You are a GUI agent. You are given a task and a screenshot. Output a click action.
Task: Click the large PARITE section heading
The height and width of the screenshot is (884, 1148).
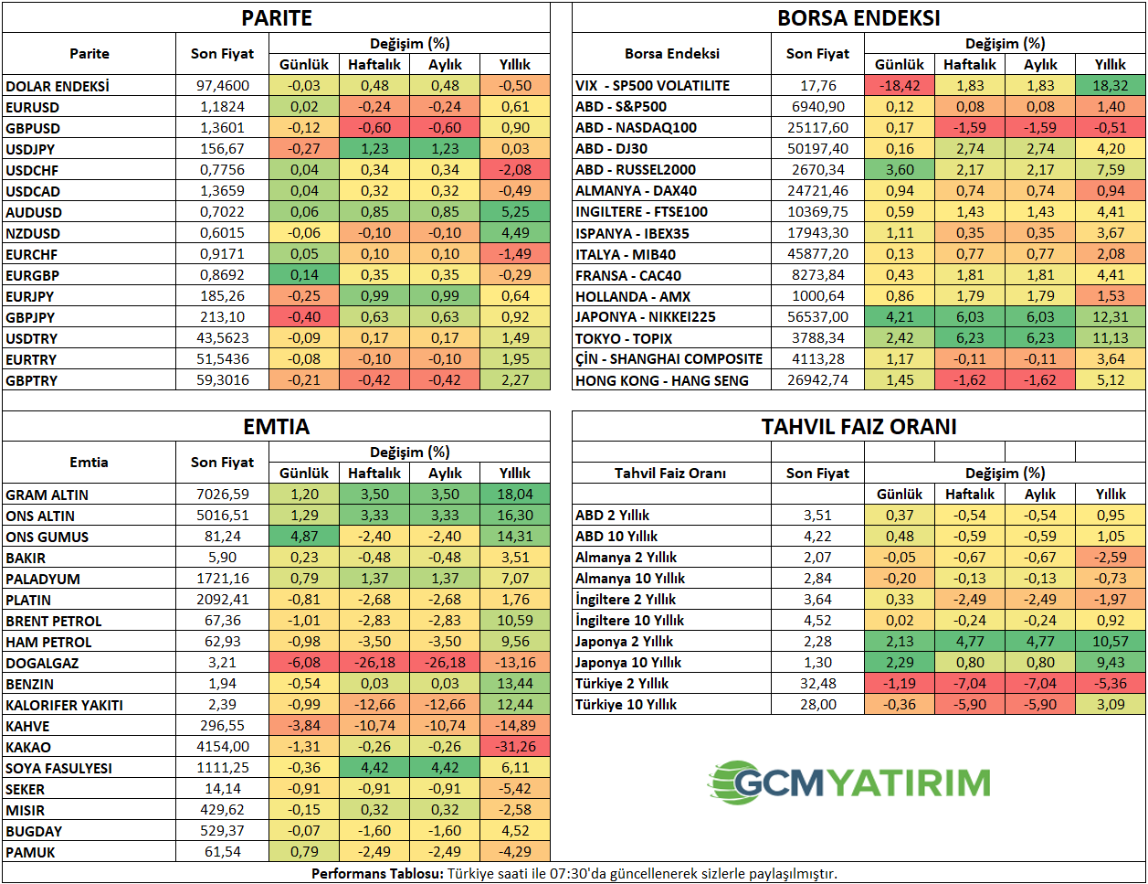point(277,18)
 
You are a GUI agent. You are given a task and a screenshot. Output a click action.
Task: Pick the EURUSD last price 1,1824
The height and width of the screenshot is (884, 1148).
point(222,107)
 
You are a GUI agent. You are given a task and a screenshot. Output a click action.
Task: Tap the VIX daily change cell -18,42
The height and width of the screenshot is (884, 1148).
point(900,85)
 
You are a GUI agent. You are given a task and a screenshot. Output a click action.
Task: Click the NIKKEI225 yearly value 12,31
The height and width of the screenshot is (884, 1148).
point(1111,317)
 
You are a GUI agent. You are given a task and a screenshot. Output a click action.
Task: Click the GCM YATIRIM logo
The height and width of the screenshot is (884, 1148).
point(849,783)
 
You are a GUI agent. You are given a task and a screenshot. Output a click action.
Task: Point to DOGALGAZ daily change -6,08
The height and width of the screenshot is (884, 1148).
point(304,663)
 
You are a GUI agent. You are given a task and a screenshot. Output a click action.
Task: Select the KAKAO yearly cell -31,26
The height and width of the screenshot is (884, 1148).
point(515,747)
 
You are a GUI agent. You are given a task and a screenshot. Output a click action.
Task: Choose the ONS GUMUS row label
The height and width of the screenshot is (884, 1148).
point(47,537)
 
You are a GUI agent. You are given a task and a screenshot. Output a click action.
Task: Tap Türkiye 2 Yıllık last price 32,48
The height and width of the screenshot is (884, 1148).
point(817,684)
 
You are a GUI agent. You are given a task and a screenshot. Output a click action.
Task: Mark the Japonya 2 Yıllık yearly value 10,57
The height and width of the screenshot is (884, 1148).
point(1111,642)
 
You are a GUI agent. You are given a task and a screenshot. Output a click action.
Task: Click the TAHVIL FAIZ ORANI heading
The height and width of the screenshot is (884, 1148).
point(858,427)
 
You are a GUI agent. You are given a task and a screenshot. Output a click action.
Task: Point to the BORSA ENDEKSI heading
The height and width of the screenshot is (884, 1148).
point(858,18)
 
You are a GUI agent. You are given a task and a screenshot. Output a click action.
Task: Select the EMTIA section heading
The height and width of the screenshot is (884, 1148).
point(277,427)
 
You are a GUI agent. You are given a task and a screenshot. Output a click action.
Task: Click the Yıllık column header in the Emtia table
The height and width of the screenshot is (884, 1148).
point(515,474)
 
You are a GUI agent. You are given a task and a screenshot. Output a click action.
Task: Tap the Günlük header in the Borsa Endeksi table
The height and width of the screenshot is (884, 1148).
point(900,65)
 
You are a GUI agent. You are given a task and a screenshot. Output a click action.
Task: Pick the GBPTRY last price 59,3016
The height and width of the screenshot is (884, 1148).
point(222,380)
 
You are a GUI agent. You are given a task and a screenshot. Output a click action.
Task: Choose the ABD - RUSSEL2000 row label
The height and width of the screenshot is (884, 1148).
point(636,170)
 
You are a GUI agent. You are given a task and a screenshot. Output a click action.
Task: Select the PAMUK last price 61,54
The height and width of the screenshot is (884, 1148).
point(222,852)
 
